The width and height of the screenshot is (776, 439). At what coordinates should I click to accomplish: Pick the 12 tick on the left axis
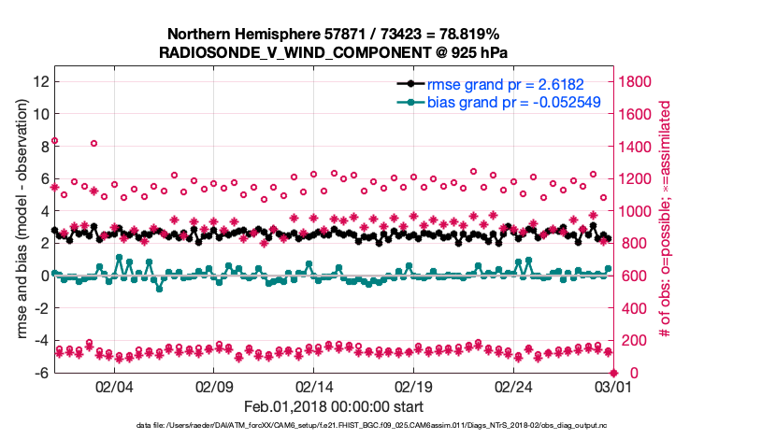coord(40,81)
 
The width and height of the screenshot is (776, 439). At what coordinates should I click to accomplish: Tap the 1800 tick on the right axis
coord(634,81)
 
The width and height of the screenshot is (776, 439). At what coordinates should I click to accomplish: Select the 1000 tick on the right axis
coord(634,211)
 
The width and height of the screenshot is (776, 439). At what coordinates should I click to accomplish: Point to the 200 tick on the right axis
coord(630,341)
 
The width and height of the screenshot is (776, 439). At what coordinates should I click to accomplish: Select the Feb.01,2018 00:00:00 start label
coord(334,406)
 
